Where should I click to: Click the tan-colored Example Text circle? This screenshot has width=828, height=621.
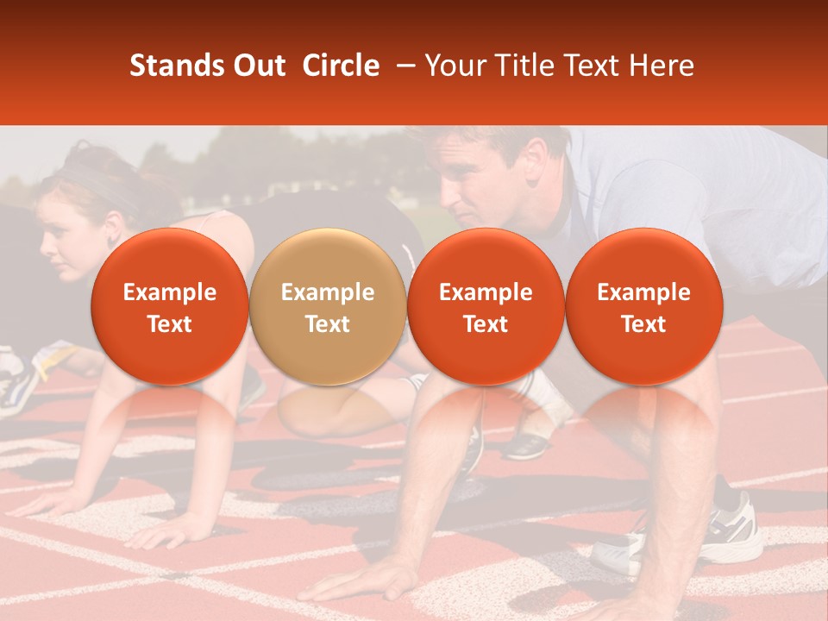click(x=328, y=307)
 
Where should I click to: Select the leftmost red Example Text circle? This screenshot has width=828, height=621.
click(x=170, y=307)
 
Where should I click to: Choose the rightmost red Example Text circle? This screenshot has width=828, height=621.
click(x=643, y=307)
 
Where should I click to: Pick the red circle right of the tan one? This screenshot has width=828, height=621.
click(x=486, y=307)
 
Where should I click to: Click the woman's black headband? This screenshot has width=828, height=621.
click(x=95, y=180)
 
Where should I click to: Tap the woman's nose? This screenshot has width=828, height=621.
click(x=46, y=251)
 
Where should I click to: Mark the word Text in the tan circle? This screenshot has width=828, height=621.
click(x=328, y=324)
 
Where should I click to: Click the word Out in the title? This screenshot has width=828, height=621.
click(x=258, y=66)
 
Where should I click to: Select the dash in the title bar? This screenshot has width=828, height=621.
click(x=402, y=66)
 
